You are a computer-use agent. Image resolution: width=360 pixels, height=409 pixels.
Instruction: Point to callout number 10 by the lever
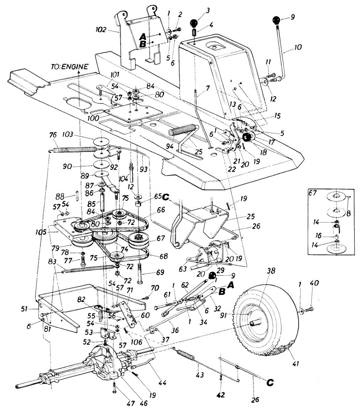tap(297, 47)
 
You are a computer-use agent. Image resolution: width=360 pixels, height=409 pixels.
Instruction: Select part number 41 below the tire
tap(296, 364)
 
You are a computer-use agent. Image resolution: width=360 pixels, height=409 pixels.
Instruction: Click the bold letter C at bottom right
tap(270, 382)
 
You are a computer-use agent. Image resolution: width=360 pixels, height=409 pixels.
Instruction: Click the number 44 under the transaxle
tap(162, 382)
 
